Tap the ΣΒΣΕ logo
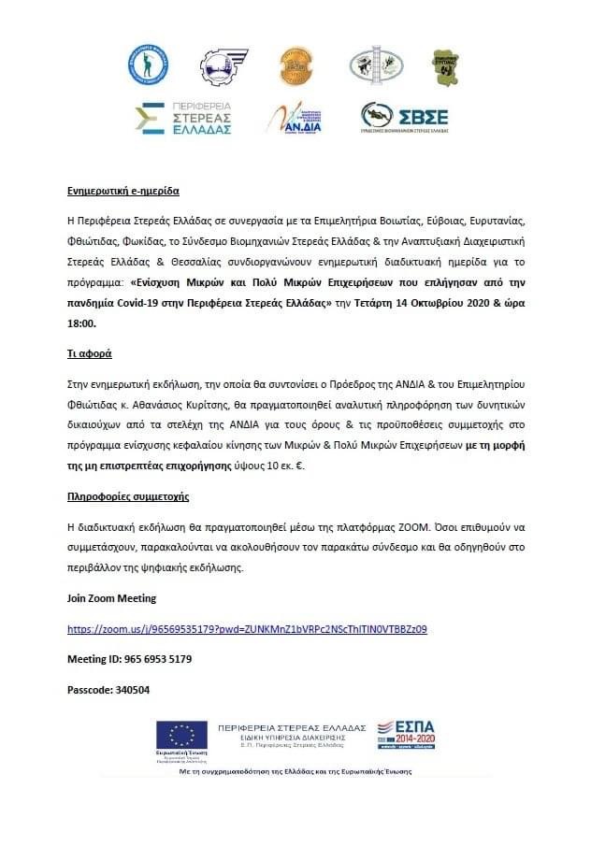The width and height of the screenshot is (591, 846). coord(405,118)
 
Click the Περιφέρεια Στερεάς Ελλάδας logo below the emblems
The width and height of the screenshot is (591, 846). coord(183,118)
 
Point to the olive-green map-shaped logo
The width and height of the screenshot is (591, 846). coord(444,67)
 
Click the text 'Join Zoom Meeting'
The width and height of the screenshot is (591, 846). coord(111,598)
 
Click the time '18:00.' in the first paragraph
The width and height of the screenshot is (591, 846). coord(81,323)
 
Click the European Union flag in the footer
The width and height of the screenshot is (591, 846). coord(183,737)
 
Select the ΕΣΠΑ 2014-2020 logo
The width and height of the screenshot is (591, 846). coord(408,734)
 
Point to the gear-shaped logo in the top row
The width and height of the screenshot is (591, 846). coord(222,66)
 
